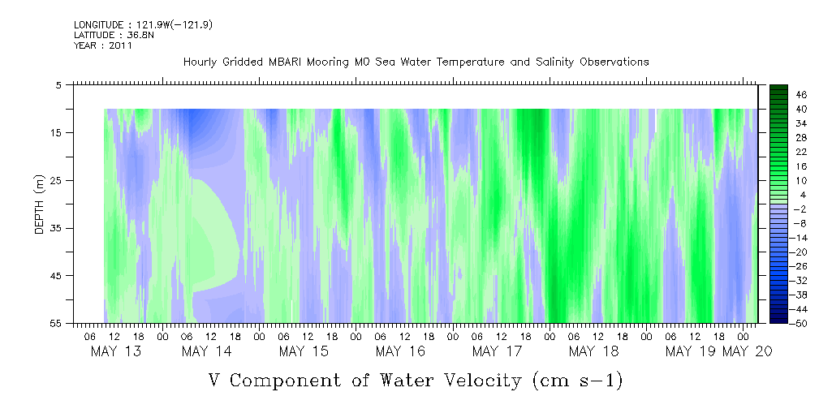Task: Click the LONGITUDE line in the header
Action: point(143,24)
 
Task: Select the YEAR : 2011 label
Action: point(103,45)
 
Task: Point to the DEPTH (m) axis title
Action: point(40,204)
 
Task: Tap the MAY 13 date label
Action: point(116,351)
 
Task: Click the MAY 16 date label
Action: point(401,351)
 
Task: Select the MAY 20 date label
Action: point(748,351)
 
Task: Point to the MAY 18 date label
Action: point(594,351)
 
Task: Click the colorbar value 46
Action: point(802,95)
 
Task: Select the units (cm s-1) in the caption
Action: point(577,381)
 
